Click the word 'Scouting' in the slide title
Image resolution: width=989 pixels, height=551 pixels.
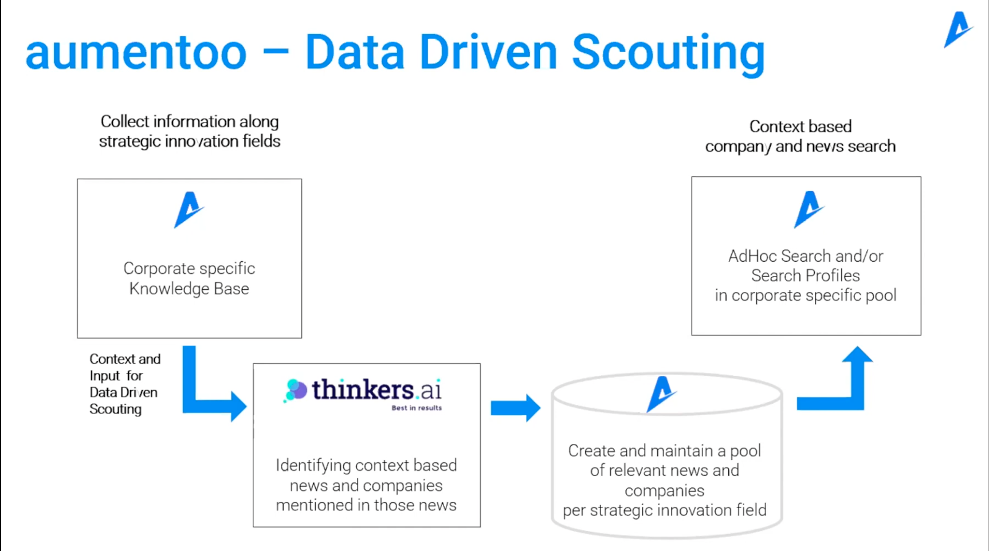tap(668, 53)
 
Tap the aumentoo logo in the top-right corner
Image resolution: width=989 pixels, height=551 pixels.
tap(957, 29)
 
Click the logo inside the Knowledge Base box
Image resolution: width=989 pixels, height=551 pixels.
tap(188, 210)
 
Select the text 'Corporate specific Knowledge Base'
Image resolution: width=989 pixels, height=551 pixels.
tap(189, 278)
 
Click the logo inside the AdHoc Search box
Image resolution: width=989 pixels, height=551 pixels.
tap(808, 209)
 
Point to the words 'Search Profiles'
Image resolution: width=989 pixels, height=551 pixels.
tap(805, 275)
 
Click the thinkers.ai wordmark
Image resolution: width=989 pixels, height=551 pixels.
tap(376, 390)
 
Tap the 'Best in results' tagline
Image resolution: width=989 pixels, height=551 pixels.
tap(417, 408)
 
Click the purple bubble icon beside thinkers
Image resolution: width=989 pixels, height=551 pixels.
tap(296, 390)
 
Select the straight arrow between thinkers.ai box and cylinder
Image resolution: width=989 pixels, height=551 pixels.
tap(515, 408)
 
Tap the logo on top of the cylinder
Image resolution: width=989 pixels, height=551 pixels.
tap(661, 393)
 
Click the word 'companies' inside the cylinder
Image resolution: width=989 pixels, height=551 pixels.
tap(664, 490)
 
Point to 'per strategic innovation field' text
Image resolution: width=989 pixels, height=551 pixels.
tap(664, 510)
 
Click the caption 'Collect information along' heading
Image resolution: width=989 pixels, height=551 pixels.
tap(190, 121)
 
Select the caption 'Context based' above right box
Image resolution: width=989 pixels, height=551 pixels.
tap(800, 127)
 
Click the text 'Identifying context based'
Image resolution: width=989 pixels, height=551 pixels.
tap(366, 465)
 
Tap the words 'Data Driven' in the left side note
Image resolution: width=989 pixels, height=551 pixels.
tap(123, 392)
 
